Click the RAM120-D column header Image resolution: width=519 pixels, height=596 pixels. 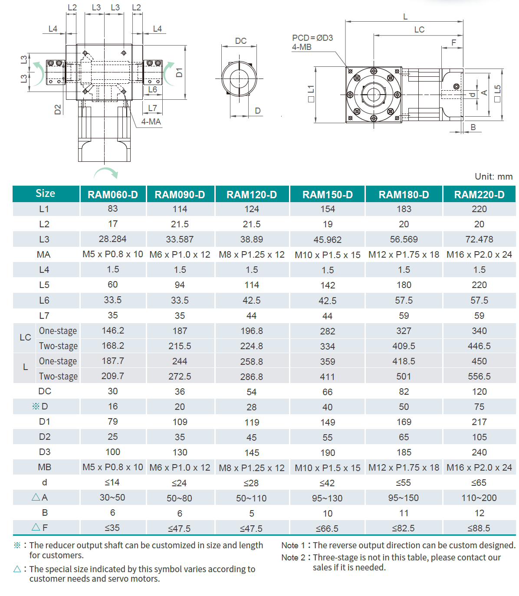[252, 195]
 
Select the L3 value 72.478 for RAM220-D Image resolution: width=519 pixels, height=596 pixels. [479, 239]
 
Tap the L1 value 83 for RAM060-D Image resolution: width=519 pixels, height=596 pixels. [113, 209]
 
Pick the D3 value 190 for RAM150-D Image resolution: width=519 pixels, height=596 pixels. [328, 452]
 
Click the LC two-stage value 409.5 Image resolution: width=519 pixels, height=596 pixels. [404, 346]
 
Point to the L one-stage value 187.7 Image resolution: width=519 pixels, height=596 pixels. [113, 361]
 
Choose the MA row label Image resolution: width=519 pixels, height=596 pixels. [44, 255]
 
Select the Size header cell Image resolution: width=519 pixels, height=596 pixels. [46, 193]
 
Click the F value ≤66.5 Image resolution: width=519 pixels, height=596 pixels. [327, 528]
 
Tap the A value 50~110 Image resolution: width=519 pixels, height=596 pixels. [251, 498]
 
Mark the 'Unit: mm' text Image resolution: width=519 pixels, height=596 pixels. [493, 177]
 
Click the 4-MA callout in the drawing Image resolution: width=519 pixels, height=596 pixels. [151, 122]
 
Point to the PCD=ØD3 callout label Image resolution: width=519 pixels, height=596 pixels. [312, 38]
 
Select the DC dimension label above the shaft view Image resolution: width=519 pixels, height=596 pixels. [241, 41]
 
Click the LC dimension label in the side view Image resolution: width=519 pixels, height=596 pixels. [419, 29]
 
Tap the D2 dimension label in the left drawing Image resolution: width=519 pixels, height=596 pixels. [58, 109]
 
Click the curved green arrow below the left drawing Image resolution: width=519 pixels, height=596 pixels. [106, 173]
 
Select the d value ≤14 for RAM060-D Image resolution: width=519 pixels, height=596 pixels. [112, 482]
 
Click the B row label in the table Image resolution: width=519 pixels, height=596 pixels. [45, 513]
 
